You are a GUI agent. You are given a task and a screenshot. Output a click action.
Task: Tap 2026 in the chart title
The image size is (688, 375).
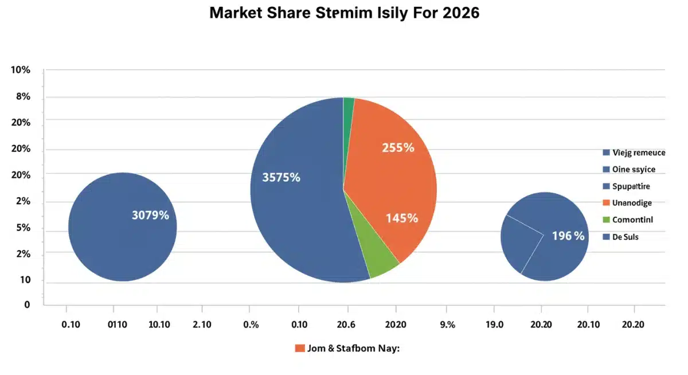click(456, 13)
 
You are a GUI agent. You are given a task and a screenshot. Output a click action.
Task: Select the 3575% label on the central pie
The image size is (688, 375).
click(281, 178)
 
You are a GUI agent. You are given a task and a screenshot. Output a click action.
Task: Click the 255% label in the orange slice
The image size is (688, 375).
click(398, 147)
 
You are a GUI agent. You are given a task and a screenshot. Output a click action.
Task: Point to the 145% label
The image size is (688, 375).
click(402, 218)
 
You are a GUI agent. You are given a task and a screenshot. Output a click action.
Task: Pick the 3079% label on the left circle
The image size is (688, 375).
click(150, 216)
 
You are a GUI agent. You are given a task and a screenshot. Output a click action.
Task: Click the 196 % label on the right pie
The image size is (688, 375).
click(568, 236)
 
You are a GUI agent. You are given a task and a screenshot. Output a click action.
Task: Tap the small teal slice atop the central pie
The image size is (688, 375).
click(349, 104)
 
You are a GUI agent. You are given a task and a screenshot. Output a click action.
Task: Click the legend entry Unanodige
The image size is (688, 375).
click(632, 202)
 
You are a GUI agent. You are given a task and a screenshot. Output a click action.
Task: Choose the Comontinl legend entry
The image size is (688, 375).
click(632, 220)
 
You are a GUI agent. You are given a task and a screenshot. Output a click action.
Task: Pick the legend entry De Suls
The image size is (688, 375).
click(626, 236)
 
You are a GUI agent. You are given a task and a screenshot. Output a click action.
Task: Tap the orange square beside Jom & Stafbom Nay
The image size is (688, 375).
click(299, 348)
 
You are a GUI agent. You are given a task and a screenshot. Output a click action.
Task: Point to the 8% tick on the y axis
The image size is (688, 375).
click(23, 97)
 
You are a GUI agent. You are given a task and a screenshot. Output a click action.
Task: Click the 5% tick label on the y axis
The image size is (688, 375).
click(23, 228)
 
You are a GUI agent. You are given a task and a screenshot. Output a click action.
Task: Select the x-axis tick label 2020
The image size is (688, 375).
click(396, 325)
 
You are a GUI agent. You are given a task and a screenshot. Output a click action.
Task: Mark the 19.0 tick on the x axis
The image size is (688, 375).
click(494, 325)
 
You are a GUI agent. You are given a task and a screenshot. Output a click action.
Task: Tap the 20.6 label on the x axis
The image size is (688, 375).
click(347, 325)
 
